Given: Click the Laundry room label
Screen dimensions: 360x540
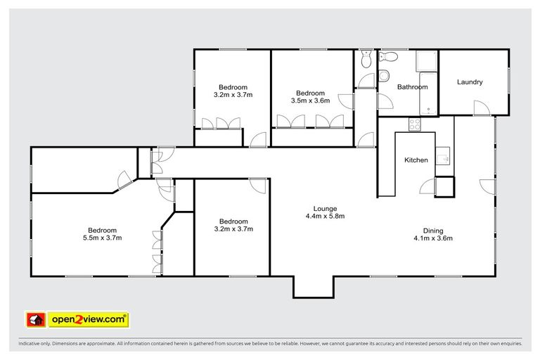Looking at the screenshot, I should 470,82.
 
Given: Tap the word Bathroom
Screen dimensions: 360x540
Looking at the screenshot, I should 412,87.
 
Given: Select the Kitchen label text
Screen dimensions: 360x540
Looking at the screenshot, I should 416,160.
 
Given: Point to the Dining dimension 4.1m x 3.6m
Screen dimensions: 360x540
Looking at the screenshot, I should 433,238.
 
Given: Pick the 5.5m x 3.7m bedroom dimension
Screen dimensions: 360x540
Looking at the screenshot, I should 103,238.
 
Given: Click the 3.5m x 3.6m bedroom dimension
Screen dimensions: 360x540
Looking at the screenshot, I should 310,101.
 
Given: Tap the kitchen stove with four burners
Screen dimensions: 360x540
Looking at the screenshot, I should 415,124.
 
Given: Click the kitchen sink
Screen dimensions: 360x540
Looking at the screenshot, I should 443,155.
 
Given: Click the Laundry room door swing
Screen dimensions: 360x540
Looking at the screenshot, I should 481,108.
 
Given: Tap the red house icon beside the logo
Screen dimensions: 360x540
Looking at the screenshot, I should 36,320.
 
